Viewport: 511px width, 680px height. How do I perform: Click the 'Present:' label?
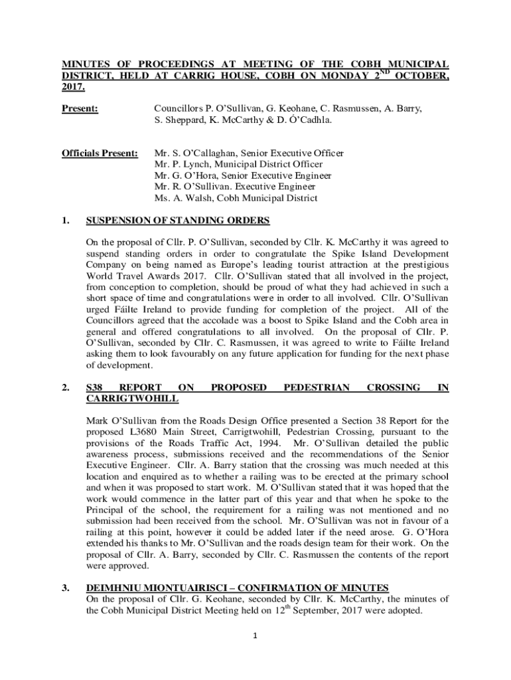pos(80,108)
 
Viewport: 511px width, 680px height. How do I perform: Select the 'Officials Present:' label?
pos(100,153)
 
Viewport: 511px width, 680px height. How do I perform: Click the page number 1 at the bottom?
pos(255,636)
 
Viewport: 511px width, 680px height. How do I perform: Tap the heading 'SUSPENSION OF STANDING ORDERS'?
pos(178,221)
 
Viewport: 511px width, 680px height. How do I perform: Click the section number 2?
pos(66,387)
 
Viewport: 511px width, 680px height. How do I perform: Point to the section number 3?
pos(66,588)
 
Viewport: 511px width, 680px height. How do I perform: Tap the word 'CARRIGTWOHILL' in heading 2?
pos(133,399)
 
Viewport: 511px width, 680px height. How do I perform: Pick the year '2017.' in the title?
pos(74,88)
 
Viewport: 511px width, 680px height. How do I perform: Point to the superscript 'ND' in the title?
pos(384,72)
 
